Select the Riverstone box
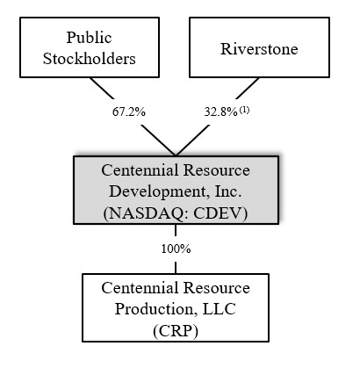pyautogui.click(x=259, y=47)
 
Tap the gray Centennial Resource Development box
pyautogui.click(x=176, y=188)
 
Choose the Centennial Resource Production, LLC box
pyautogui.click(x=176, y=306)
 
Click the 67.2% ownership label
pyautogui.click(x=128, y=112)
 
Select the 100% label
pyautogui.click(x=176, y=249)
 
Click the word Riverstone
pyautogui.click(x=259, y=47)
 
